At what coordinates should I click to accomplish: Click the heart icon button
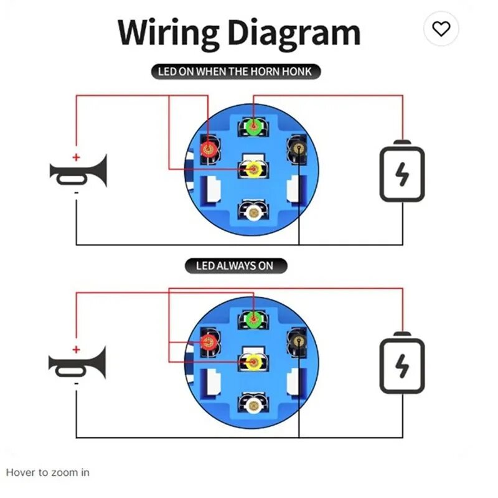pyautogui.click(x=441, y=29)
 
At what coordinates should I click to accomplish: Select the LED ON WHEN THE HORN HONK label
pyautogui.click(x=236, y=72)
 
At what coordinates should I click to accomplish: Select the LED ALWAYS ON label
pyautogui.click(x=236, y=266)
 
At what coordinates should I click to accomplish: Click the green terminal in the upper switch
pyautogui.click(x=253, y=127)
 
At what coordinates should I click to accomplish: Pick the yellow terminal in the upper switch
pyautogui.click(x=253, y=169)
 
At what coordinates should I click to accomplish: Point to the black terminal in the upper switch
pyautogui.click(x=298, y=148)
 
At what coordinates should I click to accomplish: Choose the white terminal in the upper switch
pyautogui.click(x=253, y=213)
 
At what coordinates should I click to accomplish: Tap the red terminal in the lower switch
pyautogui.click(x=209, y=342)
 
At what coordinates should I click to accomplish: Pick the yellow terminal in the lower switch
pyautogui.click(x=253, y=362)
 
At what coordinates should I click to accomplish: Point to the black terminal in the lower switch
pyautogui.click(x=298, y=341)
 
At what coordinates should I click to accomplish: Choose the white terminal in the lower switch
pyautogui.click(x=253, y=406)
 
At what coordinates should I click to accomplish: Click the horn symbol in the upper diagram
pyautogui.click(x=78, y=172)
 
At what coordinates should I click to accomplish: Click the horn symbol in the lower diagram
pyautogui.click(x=77, y=363)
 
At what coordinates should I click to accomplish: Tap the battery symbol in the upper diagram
pyautogui.click(x=402, y=171)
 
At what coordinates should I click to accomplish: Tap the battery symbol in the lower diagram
pyautogui.click(x=402, y=363)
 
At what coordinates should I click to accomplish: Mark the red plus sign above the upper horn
pyautogui.click(x=76, y=157)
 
